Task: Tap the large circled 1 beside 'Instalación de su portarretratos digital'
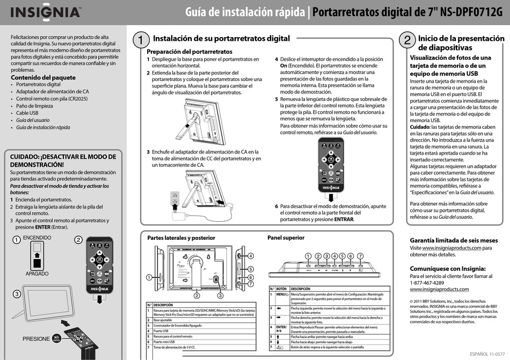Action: point(140,40)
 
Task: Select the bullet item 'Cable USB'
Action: point(27,113)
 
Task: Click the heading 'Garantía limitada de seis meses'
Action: point(454,240)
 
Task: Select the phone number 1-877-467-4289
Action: point(427,283)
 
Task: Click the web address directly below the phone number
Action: point(439,290)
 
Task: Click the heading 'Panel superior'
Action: point(286,238)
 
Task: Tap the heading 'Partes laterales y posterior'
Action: point(181,238)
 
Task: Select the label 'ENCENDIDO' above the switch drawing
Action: point(37,238)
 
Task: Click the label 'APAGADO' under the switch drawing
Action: point(37,274)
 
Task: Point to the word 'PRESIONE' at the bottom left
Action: point(37,339)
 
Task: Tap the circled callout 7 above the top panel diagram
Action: point(360,256)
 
